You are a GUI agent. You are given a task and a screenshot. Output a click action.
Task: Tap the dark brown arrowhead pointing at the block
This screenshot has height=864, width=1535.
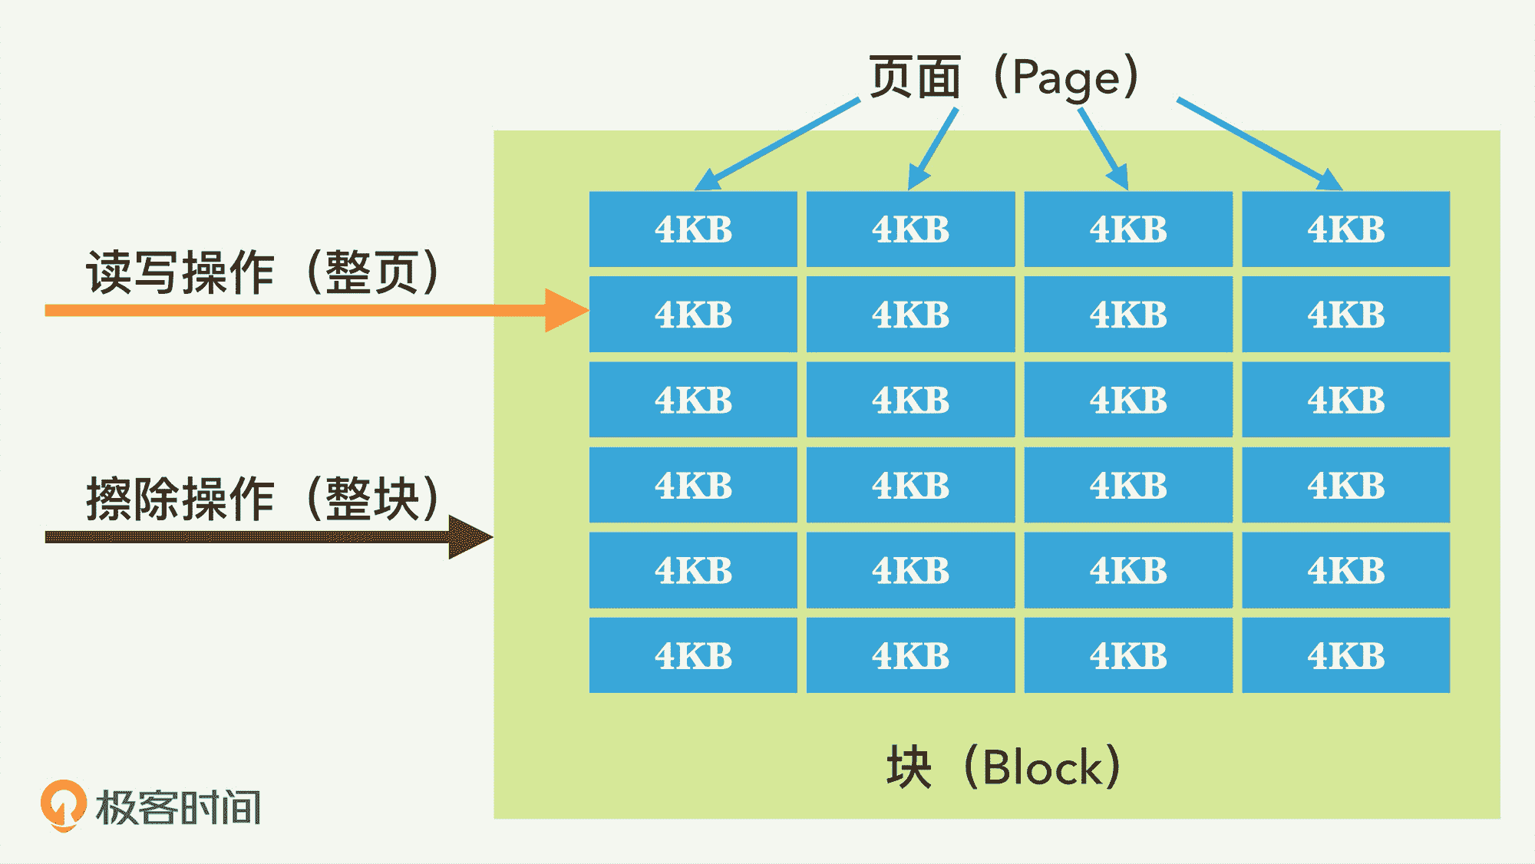click(469, 536)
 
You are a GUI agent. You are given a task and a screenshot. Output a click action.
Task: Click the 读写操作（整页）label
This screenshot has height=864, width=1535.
click(261, 272)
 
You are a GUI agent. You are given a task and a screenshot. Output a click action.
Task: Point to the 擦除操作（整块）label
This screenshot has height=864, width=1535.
click(261, 499)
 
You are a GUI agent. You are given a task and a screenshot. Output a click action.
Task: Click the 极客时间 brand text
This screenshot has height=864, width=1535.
click(178, 807)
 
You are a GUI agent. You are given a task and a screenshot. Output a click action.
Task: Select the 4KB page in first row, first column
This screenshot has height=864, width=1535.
click(693, 229)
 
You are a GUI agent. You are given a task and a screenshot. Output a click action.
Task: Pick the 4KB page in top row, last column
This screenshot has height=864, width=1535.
click(1346, 229)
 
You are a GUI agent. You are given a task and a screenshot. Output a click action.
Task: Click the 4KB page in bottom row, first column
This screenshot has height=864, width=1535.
click(693, 655)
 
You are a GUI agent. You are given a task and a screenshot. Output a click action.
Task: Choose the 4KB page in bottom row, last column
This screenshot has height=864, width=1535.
click(1346, 655)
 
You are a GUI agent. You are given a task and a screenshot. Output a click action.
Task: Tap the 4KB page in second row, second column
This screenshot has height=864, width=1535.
click(910, 315)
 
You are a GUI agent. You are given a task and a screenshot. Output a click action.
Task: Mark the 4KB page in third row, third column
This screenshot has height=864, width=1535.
click(1128, 400)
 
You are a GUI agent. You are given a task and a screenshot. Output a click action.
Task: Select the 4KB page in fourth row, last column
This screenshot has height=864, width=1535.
click(1346, 485)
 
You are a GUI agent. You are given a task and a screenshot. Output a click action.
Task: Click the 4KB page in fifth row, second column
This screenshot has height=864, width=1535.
click(910, 570)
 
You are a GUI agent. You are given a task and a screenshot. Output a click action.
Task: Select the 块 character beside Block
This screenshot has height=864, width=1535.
click(909, 767)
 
